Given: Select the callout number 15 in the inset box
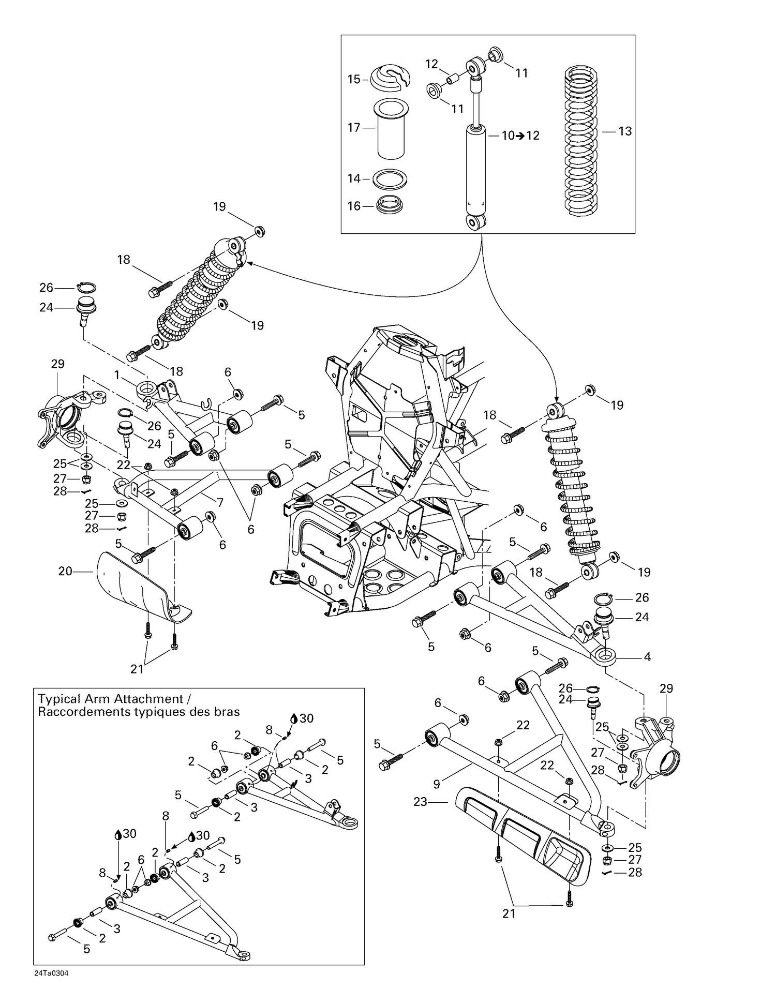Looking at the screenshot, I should pyautogui.click(x=354, y=79).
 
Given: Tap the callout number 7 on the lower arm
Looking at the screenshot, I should pyautogui.click(x=220, y=502).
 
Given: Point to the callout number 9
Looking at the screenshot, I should pyautogui.click(x=437, y=784).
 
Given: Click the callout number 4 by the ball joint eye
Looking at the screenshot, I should pyautogui.click(x=647, y=657).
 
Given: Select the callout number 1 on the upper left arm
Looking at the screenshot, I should pyautogui.click(x=117, y=374).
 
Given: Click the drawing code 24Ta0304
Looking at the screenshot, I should pyautogui.click(x=51, y=973).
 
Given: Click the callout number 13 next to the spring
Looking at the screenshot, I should pyautogui.click(x=625, y=131).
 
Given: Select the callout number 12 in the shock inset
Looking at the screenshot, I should pyautogui.click(x=431, y=64).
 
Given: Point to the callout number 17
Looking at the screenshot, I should pyautogui.click(x=354, y=127).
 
